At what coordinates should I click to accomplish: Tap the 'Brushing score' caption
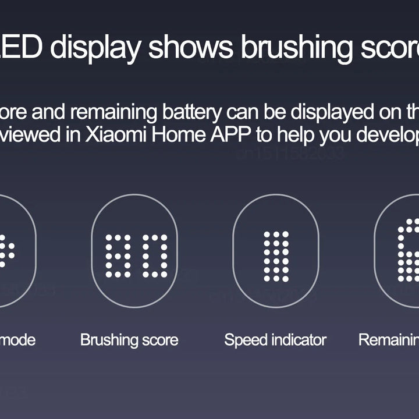(129, 340)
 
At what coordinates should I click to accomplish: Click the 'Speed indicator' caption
(275, 340)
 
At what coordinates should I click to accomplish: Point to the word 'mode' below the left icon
(17, 340)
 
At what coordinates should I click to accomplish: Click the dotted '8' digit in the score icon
(118, 255)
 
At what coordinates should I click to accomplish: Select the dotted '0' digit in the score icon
(155, 255)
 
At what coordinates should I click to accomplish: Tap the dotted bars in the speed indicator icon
(276, 256)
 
